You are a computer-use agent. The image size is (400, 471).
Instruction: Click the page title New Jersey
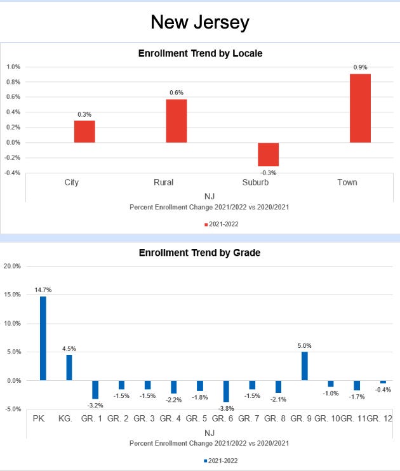200,23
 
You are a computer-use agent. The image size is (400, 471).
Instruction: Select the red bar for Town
360,108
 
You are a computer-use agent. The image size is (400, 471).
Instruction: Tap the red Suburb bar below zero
268,154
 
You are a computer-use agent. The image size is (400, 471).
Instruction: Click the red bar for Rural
176,121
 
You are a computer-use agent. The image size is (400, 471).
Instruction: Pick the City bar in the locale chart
84,131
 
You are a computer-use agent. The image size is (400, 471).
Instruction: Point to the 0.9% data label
360,67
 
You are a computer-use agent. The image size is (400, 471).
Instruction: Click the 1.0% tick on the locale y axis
13,67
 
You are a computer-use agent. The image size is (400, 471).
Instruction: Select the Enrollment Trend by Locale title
200,54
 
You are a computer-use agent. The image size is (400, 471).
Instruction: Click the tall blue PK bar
43,338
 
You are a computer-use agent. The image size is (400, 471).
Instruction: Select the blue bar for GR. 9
304,366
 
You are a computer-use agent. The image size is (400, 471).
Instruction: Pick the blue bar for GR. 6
226,391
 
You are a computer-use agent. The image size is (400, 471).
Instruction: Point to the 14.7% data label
43,289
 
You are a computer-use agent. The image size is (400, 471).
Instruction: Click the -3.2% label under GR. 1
95,404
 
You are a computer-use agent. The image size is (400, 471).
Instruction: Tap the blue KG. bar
69,368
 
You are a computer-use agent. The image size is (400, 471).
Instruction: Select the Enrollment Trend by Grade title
200,253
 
